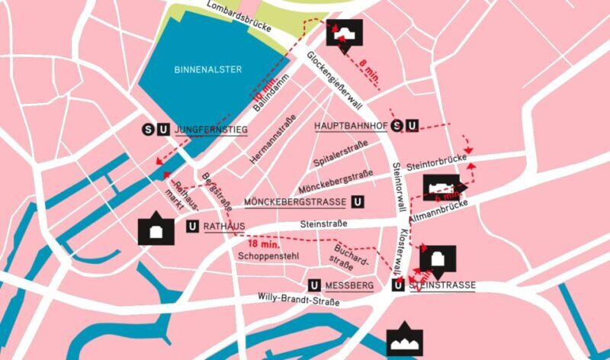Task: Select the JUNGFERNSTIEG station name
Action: pyautogui.click(x=211, y=130)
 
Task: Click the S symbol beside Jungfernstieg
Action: pyautogui.click(x=149, y=130)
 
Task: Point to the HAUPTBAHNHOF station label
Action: pyautogui.click(x=352, y=125)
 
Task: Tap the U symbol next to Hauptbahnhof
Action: pyautogui.click(x=412, y=125)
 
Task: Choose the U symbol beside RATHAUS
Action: pyautogui.click(x=192, y=227)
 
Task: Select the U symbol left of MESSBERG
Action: pyautogui.click(x=315, y=285)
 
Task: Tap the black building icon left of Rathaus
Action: pyautogui.click(x=156, y=228)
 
